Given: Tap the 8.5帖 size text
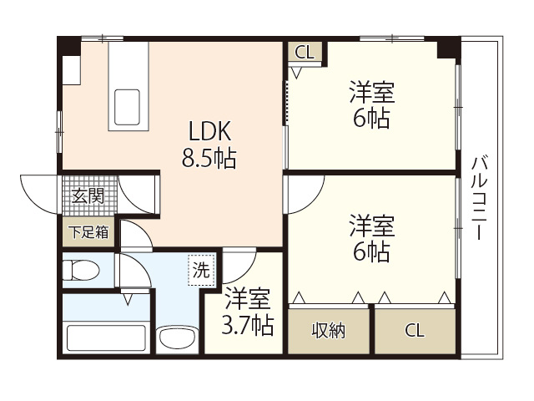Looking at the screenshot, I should coord(209,156).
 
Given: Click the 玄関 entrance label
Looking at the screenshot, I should coord(87,196).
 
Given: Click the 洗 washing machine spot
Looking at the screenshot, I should coord(202,270).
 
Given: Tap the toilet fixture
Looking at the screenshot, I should coord(81,270).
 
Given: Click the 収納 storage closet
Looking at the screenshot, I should coord(330,330).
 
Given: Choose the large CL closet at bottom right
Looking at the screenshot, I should coord(415,330).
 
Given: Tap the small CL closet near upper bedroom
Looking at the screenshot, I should coord(305,52).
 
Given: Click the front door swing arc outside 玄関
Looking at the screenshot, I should coord(40,190).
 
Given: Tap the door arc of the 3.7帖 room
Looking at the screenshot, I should coord(238,266).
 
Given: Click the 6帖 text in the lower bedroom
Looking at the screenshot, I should coord(372,251).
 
